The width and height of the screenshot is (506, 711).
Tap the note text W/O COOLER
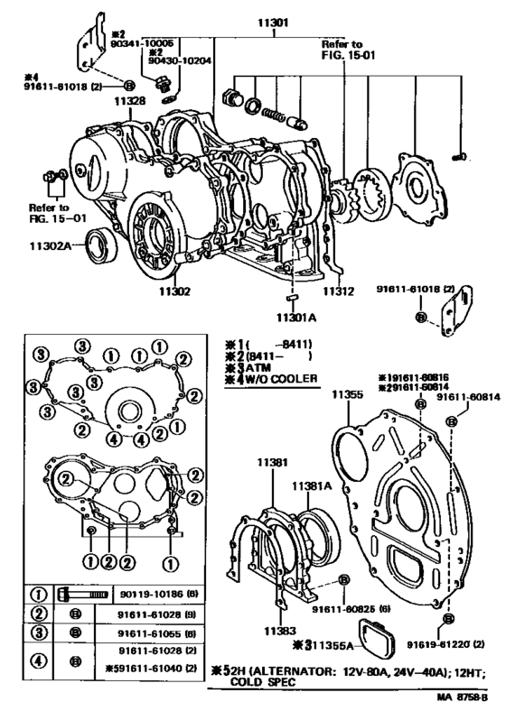tap(276, 380)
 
